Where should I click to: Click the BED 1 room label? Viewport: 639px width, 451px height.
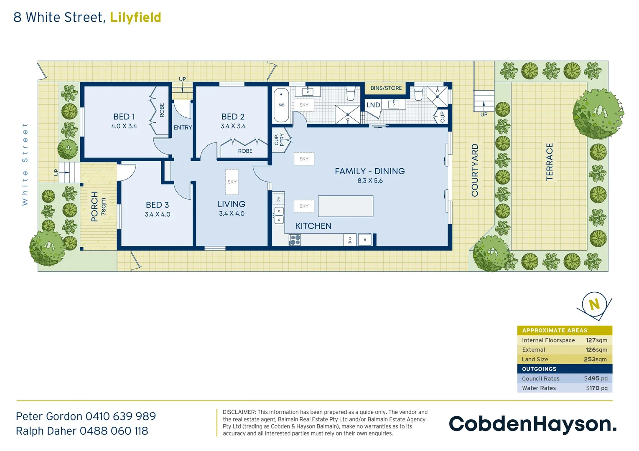tap(124, 117)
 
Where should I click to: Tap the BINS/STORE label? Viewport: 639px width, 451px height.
tap(386, 88)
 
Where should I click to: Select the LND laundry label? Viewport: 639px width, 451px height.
tap(373, 105)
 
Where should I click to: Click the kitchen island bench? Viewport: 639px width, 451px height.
tap(345, 206)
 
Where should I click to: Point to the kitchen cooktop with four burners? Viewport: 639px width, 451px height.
tap(295, 240)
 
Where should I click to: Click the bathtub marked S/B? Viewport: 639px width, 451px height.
tap(281, 105)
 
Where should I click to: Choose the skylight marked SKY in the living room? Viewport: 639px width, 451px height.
tap(232, 182)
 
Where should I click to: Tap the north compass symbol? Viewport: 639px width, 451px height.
tap(594, 305)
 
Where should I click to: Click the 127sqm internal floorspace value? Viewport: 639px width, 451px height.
tap(596, 340)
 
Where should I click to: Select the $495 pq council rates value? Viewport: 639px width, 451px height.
tap(596, 378)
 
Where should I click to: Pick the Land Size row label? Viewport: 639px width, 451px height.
tap(535, 360)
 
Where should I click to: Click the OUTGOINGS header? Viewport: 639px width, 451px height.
tap(539, 369)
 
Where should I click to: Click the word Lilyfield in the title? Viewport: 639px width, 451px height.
tap(135, 18)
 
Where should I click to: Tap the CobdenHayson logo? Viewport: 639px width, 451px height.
tap(532, 424)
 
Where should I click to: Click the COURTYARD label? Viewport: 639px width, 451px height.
tap(475, 170)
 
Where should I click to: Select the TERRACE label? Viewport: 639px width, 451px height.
tap(549, 162)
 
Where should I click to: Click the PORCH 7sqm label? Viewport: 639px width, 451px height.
tap(98, 207)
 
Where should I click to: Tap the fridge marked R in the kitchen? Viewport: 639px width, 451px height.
tap(365, 240)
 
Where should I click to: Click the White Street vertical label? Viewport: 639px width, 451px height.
tap(25, 164)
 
